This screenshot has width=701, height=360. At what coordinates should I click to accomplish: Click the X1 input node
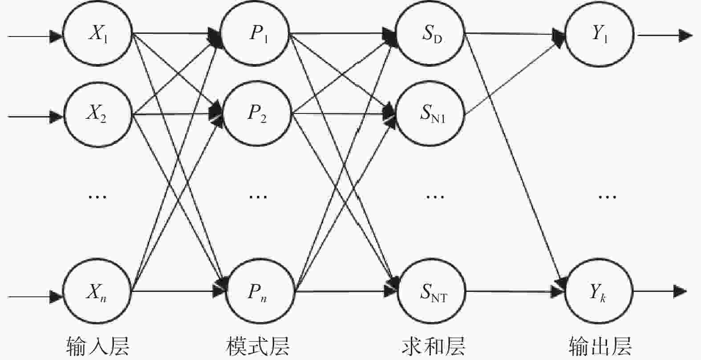coord(97,33)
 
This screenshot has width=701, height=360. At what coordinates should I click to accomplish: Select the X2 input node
coord(97,114)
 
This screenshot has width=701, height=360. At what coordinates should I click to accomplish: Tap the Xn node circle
coord(97,291)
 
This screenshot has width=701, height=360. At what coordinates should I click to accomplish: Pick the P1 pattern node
coord(255,33)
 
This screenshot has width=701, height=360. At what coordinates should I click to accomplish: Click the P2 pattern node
coord(257,113)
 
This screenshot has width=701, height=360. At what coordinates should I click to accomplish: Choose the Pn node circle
coord(260,291)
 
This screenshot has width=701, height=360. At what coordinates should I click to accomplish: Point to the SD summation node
coord(430,33)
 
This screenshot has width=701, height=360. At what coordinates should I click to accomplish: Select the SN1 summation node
coord(430,113)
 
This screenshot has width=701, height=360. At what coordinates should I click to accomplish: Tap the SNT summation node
coord(432,291)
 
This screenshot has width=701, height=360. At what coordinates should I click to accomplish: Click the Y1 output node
coord(600,33)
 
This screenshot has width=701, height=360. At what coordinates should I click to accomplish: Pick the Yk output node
coord(599,291)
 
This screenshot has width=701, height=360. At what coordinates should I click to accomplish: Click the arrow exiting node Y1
coord(665,35)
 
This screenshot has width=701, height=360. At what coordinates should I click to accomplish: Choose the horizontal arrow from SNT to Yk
coord(515,291)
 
